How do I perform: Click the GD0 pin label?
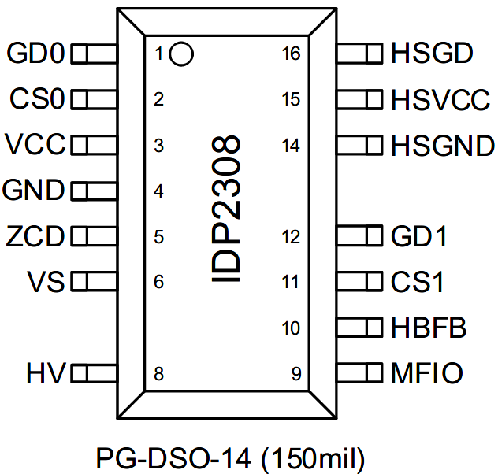click(x=36, y=54)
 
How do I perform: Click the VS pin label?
click(x=46, y=281)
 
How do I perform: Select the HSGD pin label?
click(x=431, y=54)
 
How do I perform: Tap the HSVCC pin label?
click(x=440, y=100)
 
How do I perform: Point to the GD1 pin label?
click(x=418, y=236)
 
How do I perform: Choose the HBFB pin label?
click(x=429, y=328)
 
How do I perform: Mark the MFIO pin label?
click(x=426, y=372)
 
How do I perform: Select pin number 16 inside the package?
click(x=292, y=54)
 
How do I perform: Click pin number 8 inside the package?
click(x=158, y=374)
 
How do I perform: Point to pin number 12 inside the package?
click(x=292, y=237)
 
